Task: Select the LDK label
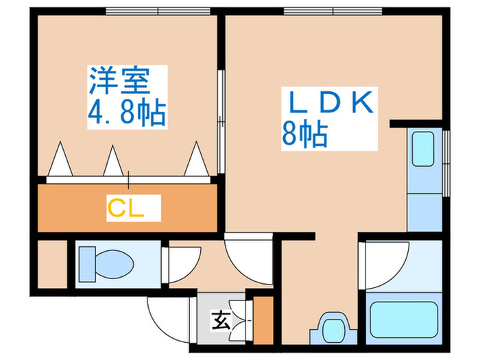[329, 103]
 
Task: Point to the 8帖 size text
[303, 134]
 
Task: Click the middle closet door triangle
[112, 162]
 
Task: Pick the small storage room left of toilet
[52, 264]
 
